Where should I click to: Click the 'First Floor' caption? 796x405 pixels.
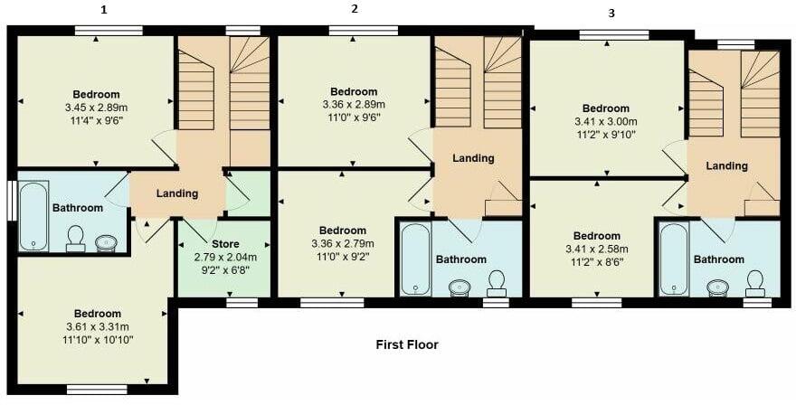point(407,344)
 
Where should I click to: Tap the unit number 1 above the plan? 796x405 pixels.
point(104,11)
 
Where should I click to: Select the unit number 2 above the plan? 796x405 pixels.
point(355,9)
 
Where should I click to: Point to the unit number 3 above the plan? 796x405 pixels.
point(611,14)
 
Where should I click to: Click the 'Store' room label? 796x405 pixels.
point(225,245)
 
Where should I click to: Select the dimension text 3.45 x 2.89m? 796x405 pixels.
point(97,108)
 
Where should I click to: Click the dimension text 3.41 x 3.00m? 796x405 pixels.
point(605,121)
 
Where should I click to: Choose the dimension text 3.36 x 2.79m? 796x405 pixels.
point(342,243)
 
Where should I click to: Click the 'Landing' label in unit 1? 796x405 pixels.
point(177,193)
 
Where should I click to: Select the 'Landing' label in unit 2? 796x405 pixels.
point(473,158)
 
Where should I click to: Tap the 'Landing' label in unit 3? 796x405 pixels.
point(727,165)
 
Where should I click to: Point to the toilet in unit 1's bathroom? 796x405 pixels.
point(76,238)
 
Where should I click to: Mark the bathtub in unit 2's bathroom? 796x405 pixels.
point(415,259)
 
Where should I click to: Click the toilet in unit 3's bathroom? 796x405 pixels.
point(754,283)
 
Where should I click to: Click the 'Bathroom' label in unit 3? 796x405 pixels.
point(719,259)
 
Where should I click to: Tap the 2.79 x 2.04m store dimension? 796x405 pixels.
point(225,258)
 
